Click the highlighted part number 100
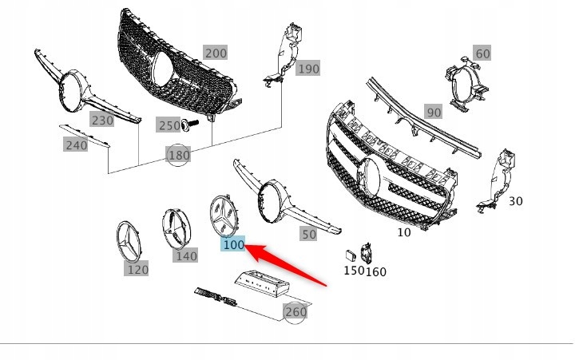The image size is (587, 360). pyautogui.click(x=233, y=245)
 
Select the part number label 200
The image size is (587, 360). pyautogui.click(x=215, y=53)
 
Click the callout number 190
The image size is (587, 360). pyautogui.click(x=307, y=69)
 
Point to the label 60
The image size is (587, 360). pyautogui.click(x=482, y=53)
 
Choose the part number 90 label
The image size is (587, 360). pyautogui.click(x=433, y=113)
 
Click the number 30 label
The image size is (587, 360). pyautogui.click(x=515, y=201)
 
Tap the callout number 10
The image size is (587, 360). pyautogui.click(x=405, y=232)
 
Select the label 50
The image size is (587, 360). pyautogui.click(x=307, y=235)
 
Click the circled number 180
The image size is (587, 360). pyautogui.click(x=179, y=154)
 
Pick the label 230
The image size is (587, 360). pyautogui.click(x=101, y=121)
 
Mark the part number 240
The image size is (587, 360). pyautogui.click(x=76, y=144)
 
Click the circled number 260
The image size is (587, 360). pyautogui.click(x=295, y=311)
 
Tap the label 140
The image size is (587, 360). pyautogui.click(x=186, y=255)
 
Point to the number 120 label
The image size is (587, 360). pyautogui.click(x=137, y=270)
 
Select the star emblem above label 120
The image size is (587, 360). pyautogui.click(x=133, y=239)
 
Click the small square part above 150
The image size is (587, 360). pyautogui.click(x=349, y=255)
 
